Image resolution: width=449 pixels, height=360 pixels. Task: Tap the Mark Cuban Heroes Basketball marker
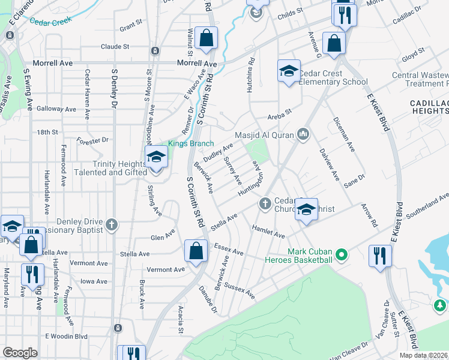click(342, 255)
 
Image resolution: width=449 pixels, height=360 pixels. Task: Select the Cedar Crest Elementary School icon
click(289, 73)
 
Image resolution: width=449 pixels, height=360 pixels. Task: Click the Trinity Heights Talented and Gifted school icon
click(156, 158)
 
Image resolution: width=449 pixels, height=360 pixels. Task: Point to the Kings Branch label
click(187, 143)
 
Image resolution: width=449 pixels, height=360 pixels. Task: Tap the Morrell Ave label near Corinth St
click(197, 63)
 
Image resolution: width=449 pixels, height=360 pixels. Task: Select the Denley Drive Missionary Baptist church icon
click(111, 225)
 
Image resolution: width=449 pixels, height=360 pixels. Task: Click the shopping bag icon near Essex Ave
click(196, 251)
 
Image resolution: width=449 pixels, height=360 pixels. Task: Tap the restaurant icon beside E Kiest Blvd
click(380, 256)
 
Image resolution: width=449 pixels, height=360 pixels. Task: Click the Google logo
click(20, 352)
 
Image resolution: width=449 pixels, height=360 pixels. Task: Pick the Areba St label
click(279, 112)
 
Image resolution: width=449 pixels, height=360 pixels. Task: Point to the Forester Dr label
click(92, 140)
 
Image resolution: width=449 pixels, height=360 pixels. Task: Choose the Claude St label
click(115, 46)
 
